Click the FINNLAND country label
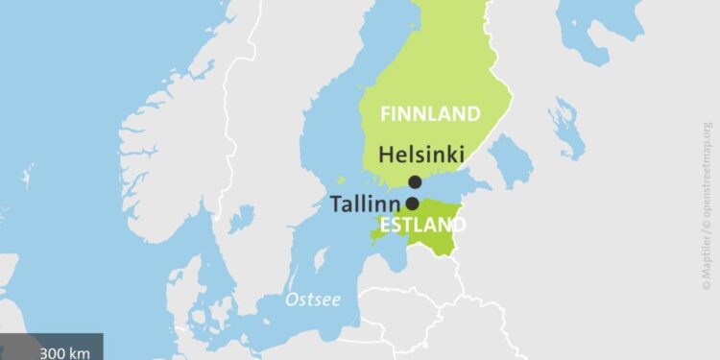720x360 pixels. pos(430,114)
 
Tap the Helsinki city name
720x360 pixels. pos(421,154)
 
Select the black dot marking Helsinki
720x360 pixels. pos(415,182)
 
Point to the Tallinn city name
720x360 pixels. pos(365,204)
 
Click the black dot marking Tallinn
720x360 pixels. pos(412,204)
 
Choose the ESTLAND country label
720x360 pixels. pos(422,226)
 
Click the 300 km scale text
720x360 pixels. pos(65,352)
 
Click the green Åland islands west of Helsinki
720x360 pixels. pos(341,180)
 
